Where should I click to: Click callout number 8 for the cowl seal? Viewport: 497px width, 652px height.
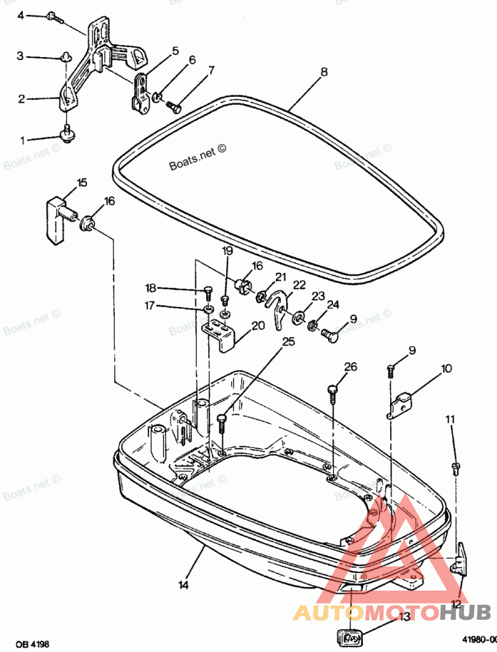click(x=324, y=72)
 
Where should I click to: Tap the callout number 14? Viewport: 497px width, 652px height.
click(x=183, y=584)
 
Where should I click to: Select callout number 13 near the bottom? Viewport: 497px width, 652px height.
click(x=404, y=616)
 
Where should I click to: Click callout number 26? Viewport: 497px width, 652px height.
click(x=351, y=367)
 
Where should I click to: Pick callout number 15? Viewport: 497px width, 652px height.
click(x=82, y=182)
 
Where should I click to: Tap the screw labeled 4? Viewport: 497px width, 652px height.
click(x=54, y=18)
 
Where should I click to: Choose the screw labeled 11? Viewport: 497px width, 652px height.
click(x=457, y=467)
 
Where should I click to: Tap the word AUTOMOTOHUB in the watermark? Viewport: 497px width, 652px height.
click(x=391, y=614)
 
